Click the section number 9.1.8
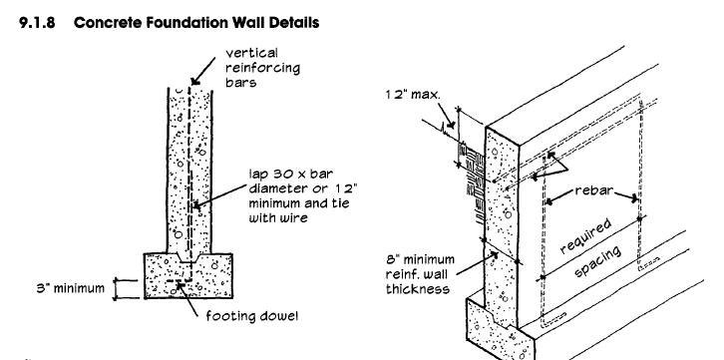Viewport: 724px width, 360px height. (37, 22)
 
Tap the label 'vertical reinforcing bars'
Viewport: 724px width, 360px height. (262, 68)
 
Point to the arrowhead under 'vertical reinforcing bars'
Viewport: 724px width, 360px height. (195, 81)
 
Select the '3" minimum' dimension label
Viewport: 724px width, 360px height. (71, 288)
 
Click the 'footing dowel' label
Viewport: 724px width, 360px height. (252, 316)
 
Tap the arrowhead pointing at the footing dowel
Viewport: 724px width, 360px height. (180, 287)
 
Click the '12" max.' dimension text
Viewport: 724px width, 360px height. (413, 95)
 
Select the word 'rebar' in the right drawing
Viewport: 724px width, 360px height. (593, 190)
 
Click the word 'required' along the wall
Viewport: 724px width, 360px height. (586, 236)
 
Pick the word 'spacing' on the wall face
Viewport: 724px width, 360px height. (597, 261)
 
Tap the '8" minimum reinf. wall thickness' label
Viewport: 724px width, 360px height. (420, 274)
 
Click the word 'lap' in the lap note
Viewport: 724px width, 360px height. (257, 175)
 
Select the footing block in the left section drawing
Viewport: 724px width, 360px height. (187, 275)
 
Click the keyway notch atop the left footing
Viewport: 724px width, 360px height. (188, 257)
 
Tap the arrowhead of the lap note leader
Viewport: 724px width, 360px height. (197, 204)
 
